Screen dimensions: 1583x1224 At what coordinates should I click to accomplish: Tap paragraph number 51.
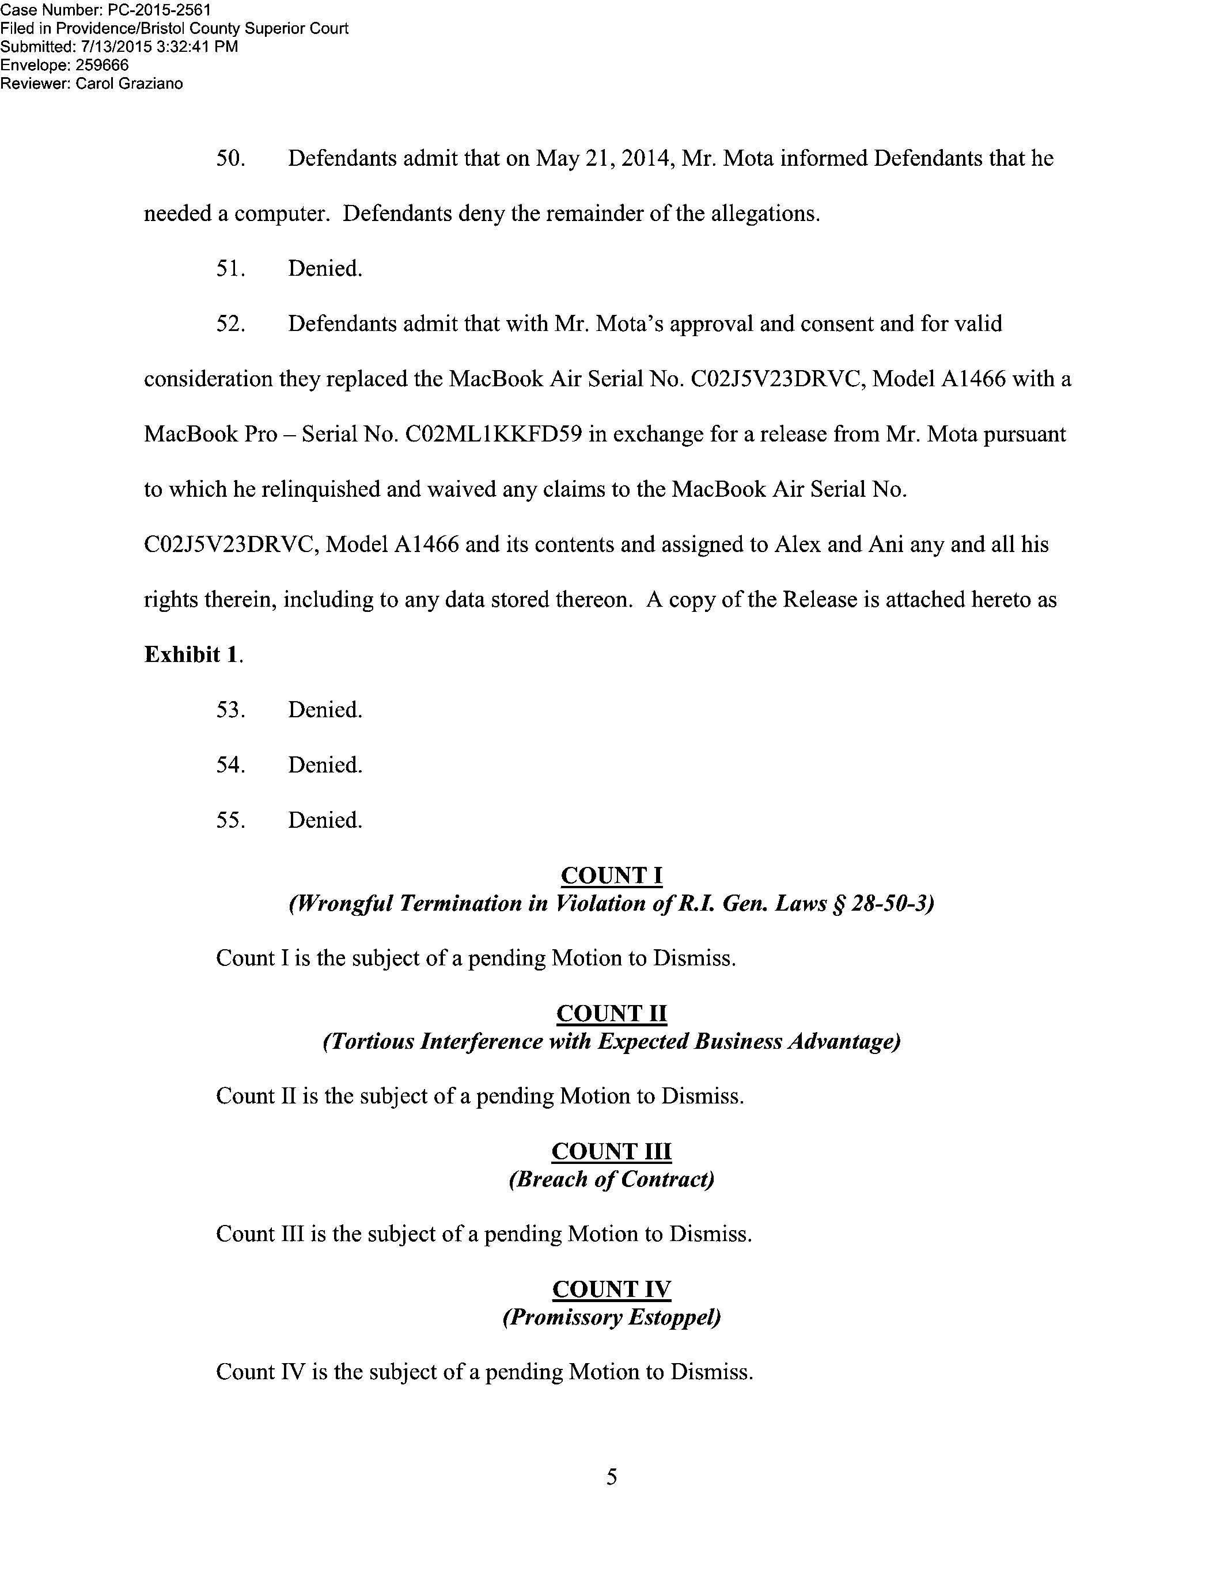pyautogui.click(x=230, y=269)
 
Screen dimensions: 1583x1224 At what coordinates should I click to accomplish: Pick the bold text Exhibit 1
pyautogui.click(x=192, y=654)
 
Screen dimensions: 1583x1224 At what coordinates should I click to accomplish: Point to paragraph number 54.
pyautogui.click(x=230, y=764)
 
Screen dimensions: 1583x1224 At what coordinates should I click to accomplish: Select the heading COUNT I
pyautogui.click(x=611, y=876)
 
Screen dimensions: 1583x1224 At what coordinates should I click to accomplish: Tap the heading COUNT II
pyautogui.click(x=611, y=1013)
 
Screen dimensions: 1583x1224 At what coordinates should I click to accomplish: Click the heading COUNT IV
pyautogui.click(x=611, y=1289)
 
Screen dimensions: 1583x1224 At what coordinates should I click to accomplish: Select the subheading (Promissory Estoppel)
pyautogui.click(x=611, y=1317)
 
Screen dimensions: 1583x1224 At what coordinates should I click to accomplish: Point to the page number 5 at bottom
pyautogui.click(x=611, y=1477)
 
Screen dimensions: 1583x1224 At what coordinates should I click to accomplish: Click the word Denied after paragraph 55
pyautogui.click(x=325, y=820)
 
